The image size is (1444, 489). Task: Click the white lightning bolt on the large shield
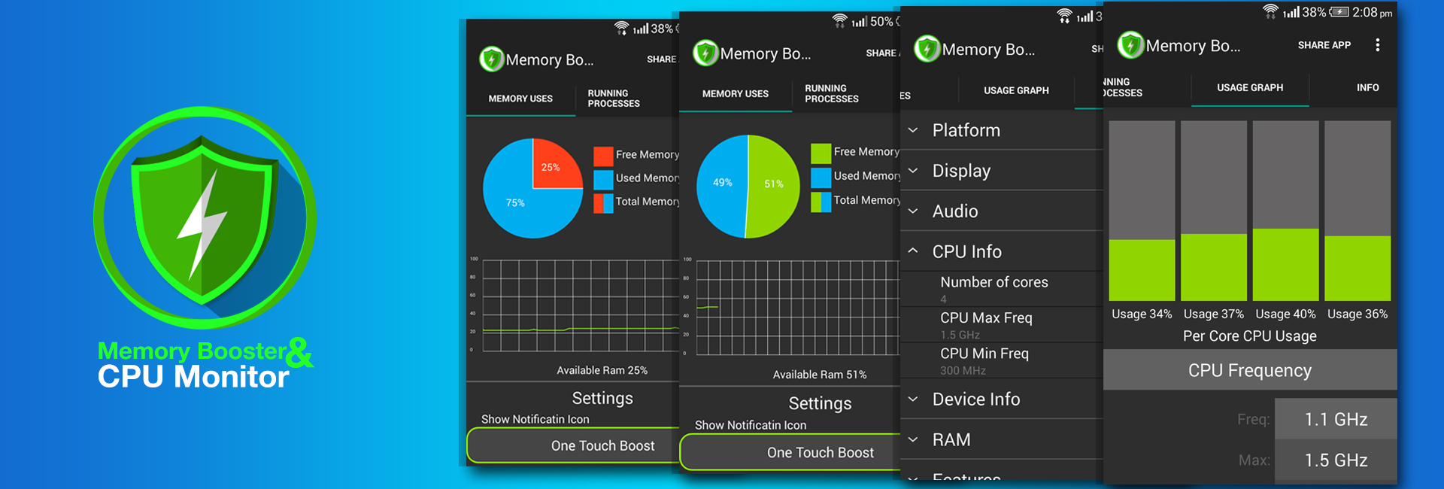(202, 222)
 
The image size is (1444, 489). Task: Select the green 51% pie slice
(773, 184)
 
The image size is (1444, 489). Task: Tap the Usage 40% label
(1285, 314)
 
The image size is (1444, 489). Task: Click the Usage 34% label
(1142, 314)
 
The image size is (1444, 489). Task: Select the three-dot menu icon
(1377, 45)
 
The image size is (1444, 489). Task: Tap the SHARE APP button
(1324, 45)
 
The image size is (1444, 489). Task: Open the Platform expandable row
(966, 130)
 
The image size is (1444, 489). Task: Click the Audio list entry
(955, 211)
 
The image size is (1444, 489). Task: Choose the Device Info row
(975, 399)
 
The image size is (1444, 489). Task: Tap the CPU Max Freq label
(986, 317)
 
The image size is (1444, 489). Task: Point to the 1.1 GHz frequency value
(1336, 420)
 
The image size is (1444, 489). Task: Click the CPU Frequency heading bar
(1249, 370)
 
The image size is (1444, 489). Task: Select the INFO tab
(1367, 88)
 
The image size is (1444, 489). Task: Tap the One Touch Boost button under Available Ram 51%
(820, 452)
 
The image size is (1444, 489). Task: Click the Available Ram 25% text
(602, 370)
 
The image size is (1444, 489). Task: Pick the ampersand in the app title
(299, 352)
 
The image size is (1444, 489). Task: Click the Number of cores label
(994, 282)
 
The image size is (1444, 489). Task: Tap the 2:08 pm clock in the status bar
(1372, 13)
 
